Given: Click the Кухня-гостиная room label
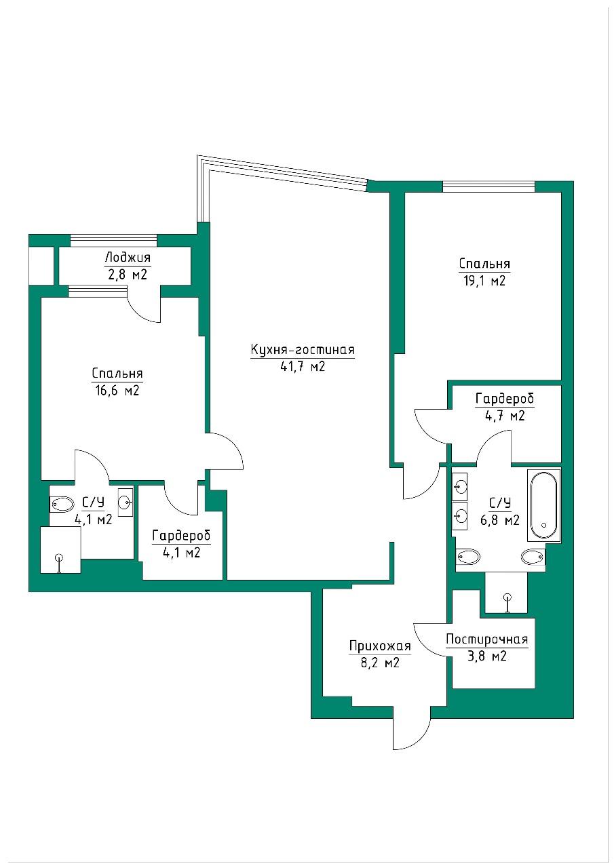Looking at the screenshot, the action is click(303, 349).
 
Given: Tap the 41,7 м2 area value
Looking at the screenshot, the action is click(303, 366).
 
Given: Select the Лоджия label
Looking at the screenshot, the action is click(128, 257).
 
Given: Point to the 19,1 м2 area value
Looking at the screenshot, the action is click(484, 281).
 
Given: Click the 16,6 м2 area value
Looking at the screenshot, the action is click(117, 390).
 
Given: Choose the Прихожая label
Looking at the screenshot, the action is click(380, 646).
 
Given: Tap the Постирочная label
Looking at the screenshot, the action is click(487, 639).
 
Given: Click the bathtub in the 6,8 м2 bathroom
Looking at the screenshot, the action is click(544, 505).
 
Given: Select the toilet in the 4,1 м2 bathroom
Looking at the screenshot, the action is click(62, 505).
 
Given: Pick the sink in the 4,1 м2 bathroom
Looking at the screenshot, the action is click(126, 502).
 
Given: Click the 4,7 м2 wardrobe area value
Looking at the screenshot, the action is click(505, 416).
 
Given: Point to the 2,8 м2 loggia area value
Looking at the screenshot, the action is click(127, 275).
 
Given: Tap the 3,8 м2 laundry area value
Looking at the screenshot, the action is click(487, 656).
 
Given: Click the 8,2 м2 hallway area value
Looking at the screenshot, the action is click(380, 663).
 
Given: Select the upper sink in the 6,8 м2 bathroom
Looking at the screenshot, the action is click(460, 485).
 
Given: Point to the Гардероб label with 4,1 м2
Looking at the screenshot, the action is click(181, 536).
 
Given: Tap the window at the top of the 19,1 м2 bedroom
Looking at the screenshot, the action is click(488, 186).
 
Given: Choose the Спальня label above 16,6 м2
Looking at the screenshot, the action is click(117, 374).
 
